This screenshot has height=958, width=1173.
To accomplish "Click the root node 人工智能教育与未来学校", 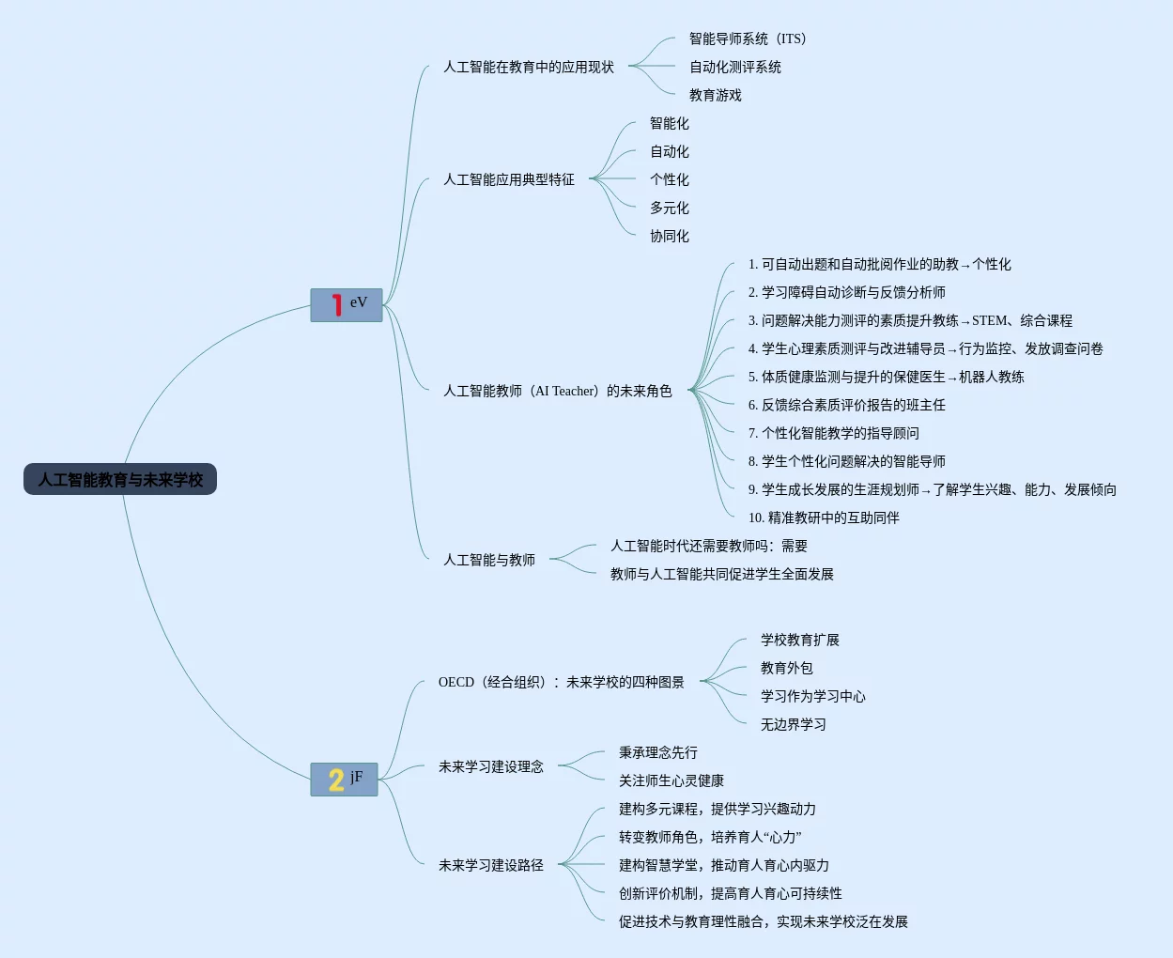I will (120, 480).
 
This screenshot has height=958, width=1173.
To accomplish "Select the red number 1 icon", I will (336, 304).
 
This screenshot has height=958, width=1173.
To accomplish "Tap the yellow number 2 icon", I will (335, 780).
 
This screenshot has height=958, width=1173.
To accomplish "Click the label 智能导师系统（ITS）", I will (748, 39).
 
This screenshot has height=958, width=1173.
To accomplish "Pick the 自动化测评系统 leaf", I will (735, 67).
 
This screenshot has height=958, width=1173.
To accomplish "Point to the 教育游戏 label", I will (716, 95).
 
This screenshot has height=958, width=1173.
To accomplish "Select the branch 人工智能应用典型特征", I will (509, 179).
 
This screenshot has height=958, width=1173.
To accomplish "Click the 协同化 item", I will (670, 236).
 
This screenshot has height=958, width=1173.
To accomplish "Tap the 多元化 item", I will (670, 208).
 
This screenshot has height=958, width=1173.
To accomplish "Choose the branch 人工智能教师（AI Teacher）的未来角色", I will (558, 391).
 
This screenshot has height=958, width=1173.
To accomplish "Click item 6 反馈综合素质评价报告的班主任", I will (847, 405).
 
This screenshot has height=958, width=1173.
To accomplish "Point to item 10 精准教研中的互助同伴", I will (824, 518).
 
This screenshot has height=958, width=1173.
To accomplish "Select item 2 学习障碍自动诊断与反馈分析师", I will (847, 292).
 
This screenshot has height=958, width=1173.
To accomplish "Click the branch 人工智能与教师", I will (489, 560).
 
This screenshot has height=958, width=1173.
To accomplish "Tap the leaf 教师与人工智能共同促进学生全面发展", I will (722, 574).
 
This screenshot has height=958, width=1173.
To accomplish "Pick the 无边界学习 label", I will (794, 724).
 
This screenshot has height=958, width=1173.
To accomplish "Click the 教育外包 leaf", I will (787, 668).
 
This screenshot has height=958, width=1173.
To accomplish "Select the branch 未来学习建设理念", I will (491, 766).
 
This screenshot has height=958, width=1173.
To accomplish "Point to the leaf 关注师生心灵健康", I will (671, 780).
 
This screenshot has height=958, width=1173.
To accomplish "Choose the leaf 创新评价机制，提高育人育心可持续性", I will (731, 893).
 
